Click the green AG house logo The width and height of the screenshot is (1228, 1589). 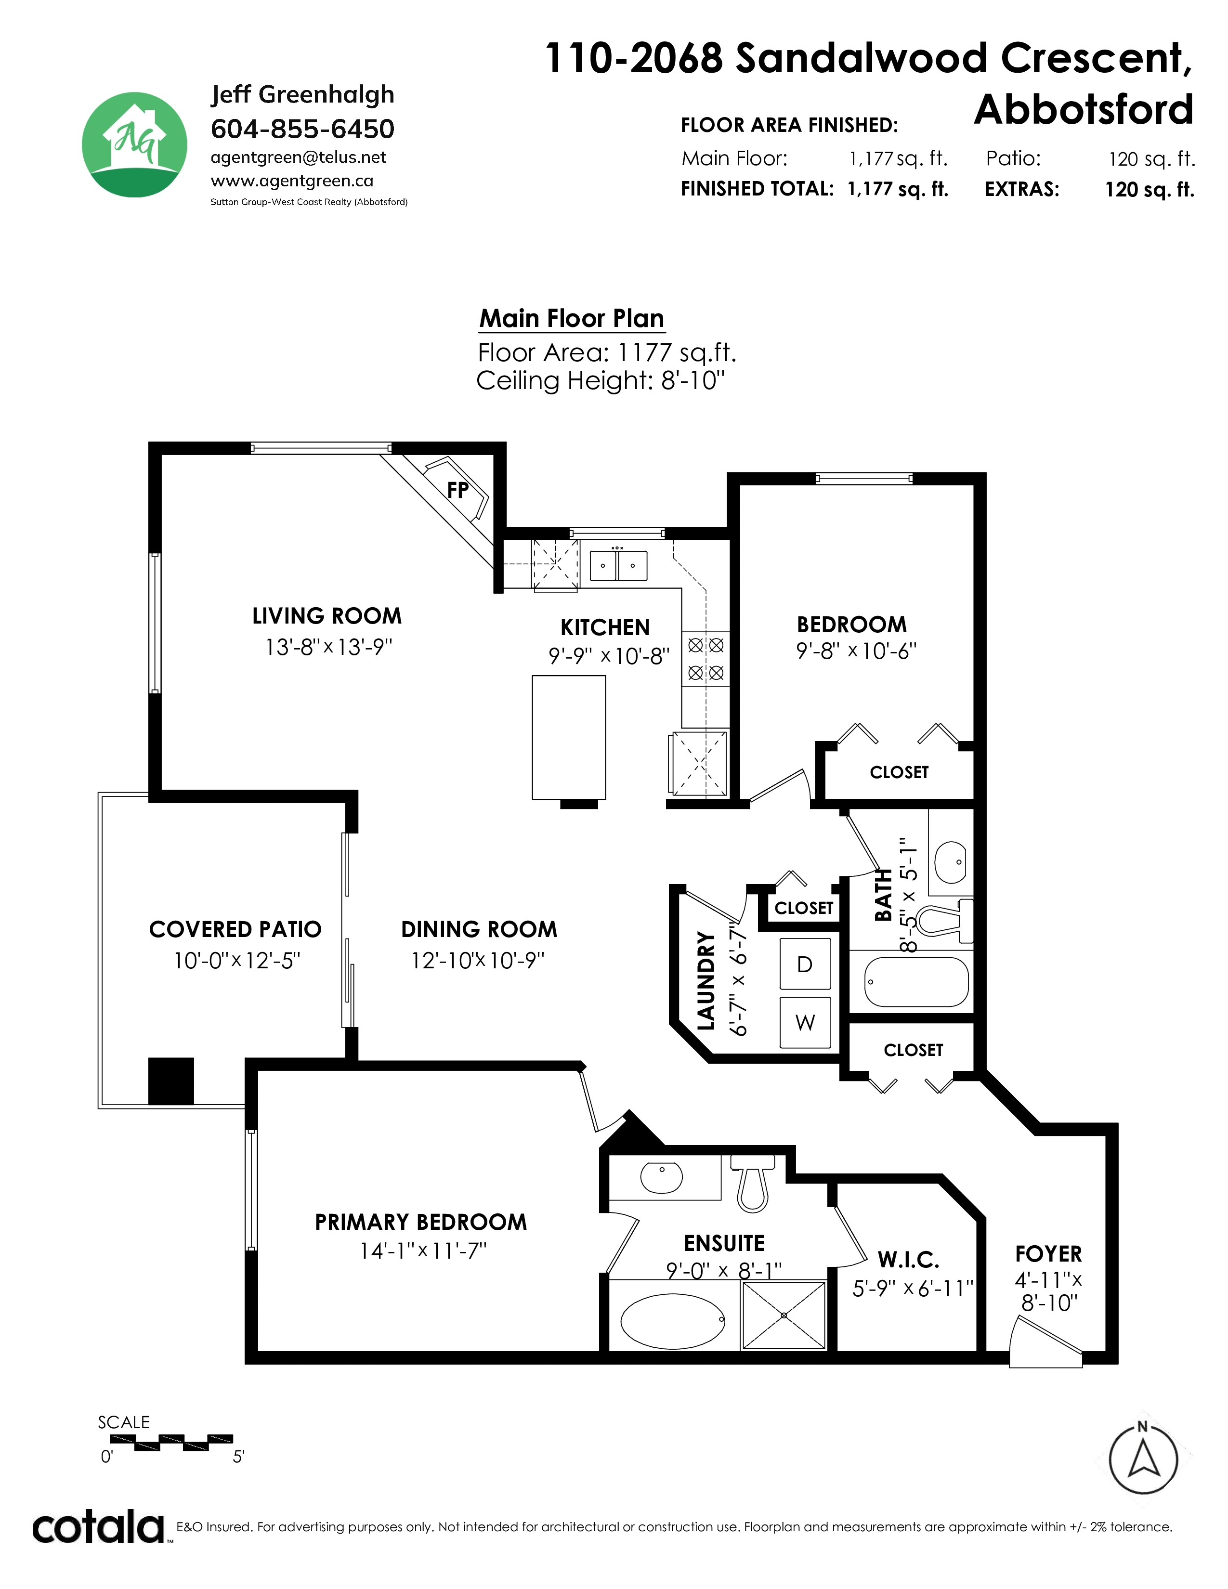click(134, 145)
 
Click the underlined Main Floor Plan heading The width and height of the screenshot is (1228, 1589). click(572, 319)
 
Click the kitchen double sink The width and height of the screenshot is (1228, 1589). click(618, 565)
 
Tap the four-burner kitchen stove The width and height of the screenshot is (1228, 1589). click(705, 658)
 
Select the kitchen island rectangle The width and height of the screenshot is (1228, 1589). click(569, 738)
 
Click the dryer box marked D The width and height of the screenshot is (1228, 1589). click(805, 964)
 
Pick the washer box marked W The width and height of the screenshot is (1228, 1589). click(805, 1022)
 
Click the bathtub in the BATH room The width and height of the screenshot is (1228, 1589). click(916, 981)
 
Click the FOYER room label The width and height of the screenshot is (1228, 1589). click(1048, 1253)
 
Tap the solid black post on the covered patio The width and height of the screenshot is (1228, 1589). click(171, 1081)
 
